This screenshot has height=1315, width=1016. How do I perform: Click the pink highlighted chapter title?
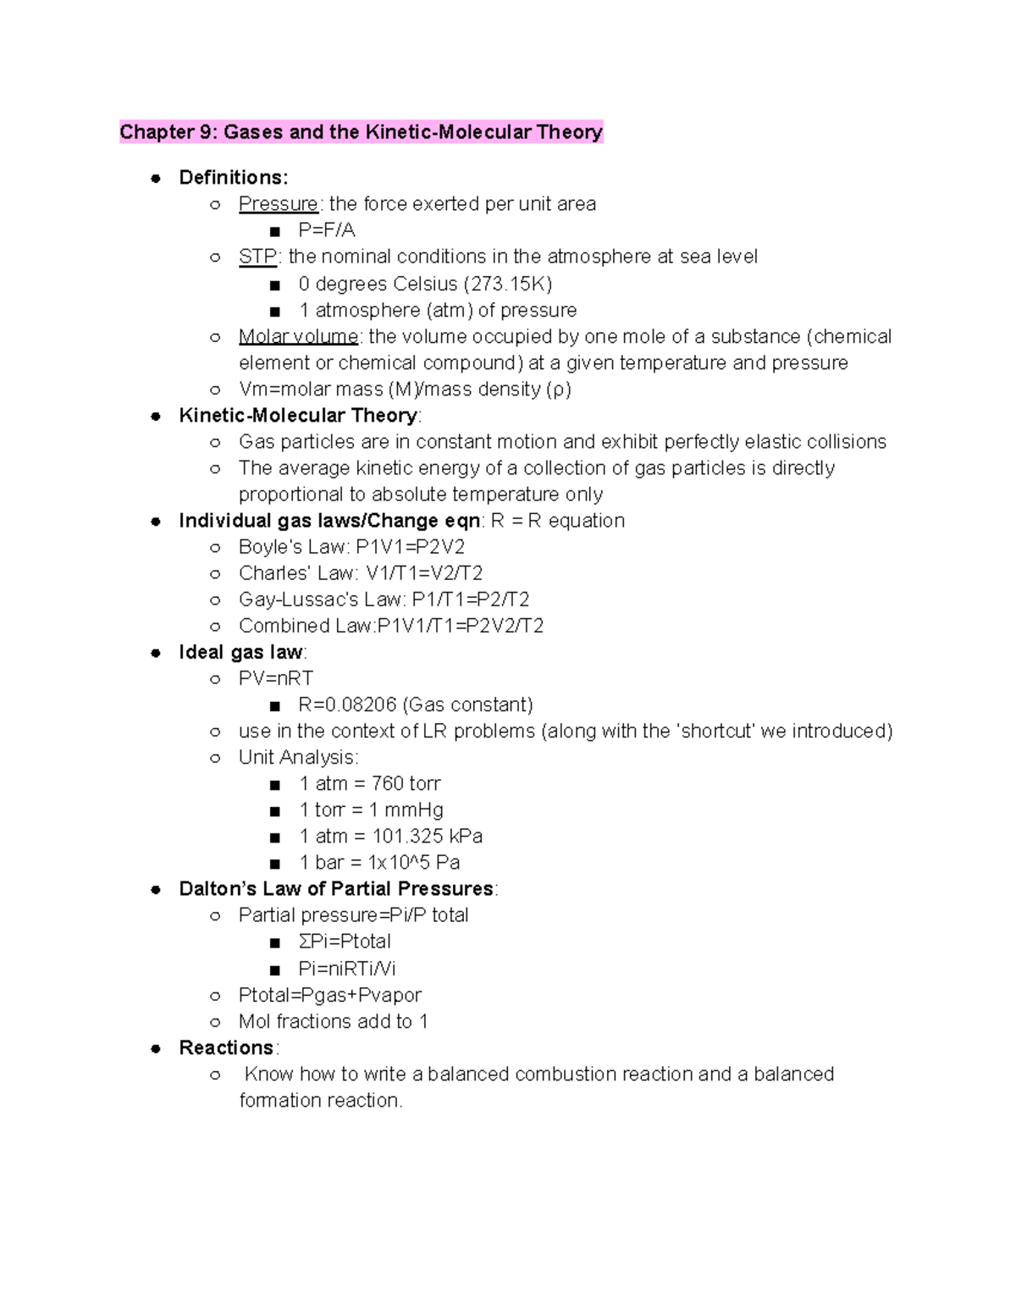(361, 132)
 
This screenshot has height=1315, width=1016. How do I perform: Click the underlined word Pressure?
(278, 204)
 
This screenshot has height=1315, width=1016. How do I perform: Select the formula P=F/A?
(327, 230)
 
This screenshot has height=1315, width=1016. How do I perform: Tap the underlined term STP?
(257, 257)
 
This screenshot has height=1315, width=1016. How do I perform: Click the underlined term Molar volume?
(298, 336)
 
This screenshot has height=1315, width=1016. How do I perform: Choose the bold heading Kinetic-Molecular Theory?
(298, 416)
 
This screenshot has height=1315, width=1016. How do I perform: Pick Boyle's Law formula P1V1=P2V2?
(410, 547)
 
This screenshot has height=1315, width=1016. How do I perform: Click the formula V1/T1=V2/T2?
(424, 573)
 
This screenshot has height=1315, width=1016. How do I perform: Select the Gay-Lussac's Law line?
(384, 599)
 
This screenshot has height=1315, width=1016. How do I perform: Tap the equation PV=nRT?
(276, 678)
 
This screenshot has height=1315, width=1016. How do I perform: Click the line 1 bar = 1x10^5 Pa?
(379, 862)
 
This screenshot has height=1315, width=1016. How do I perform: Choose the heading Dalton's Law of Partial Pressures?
(336, 888)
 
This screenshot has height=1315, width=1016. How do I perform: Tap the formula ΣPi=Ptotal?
(345, 941)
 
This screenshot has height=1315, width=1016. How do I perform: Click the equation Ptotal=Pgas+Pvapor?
(329, 995)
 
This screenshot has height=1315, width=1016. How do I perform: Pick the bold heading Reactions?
(226, 1047)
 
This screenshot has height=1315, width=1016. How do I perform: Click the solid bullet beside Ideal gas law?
(156, 652)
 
